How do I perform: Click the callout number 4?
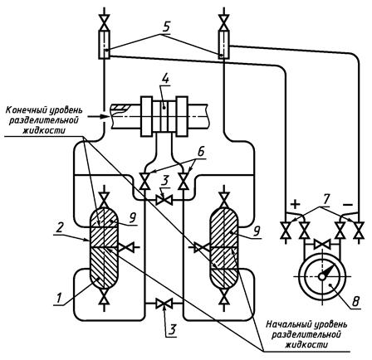tap(165, 79)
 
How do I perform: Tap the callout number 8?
tap(355, 302)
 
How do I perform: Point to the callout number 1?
tap(58, 299)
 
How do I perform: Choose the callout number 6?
tap(201, 152)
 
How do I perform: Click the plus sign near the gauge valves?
tap(296, 205)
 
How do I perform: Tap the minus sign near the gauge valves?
tap(348, 205)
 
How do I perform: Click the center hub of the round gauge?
tap(321, 276)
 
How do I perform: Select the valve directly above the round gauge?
tap(321, 245)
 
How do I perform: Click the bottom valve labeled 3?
tap(164, 304)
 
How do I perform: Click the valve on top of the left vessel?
tap(104, 200)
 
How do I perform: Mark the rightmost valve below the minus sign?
tap(360, 231)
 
